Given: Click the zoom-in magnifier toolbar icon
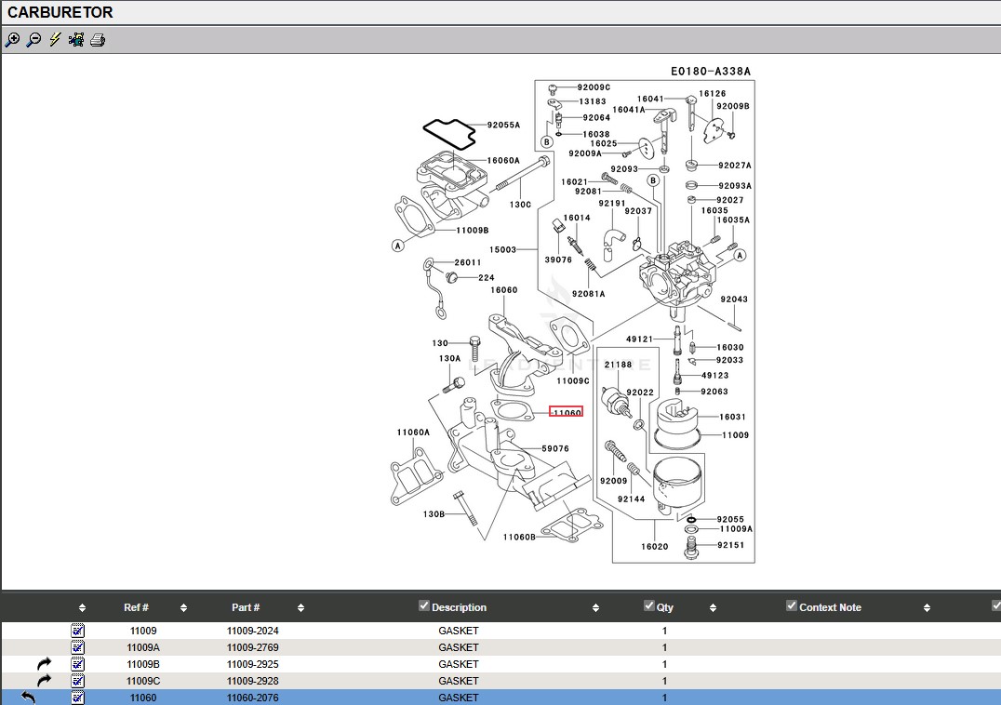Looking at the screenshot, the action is [12, 40].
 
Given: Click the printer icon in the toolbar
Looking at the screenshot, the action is [98, 40].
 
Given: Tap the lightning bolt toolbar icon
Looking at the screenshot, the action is [55, 40].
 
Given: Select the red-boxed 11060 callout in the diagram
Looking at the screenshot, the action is [567, 412].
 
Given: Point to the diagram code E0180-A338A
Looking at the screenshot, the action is [711, 72].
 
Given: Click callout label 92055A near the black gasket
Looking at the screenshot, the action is [503, 125].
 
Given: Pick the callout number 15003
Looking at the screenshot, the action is [502, 249].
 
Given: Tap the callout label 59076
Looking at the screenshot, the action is [554, 448].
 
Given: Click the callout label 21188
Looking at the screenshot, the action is [618, 365].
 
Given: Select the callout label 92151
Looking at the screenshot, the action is [730, 545].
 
